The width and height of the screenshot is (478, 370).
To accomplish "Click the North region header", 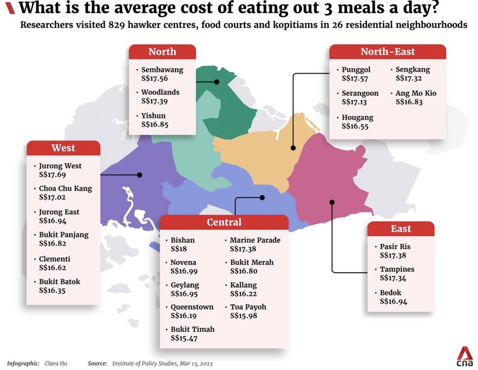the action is [x=162, y=52].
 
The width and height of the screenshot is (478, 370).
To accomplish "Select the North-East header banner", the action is [x=387, y=52].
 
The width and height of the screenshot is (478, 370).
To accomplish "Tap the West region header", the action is [x=63, y=148].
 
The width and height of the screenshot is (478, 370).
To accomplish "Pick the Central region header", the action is [x=224, y=222].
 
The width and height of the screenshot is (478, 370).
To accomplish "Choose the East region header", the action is [x=401, y=229].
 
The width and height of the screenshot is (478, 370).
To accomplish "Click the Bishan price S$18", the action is [x=179, y=249].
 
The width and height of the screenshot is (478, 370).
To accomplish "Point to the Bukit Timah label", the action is [x=193, y=329].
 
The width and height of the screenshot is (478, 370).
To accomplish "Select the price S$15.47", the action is [x=184, y=338].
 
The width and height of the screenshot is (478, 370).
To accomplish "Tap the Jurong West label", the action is [x=60, y=166].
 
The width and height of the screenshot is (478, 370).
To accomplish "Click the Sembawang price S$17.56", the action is [x=154, y=79].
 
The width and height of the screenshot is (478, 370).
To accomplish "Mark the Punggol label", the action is [x=356, y=70].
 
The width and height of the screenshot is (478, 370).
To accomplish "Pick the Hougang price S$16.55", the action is [x=355, y=126].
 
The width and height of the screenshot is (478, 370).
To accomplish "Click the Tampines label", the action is [x=397, y=269].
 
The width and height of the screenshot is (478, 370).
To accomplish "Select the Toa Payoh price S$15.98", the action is [x=243, y=316].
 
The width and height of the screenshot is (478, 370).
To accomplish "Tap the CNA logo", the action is [x=465, y=356].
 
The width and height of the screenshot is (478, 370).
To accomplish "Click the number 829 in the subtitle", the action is [x=116, y=25].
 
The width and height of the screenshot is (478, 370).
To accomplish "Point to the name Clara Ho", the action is [x=56, y=363].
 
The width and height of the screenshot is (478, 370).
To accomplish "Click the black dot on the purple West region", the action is [x=140, y=175].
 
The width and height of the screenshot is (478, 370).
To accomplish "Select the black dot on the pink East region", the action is [x=332, y=202].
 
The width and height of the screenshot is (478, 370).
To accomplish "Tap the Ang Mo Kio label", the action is [x=416, y=93].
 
